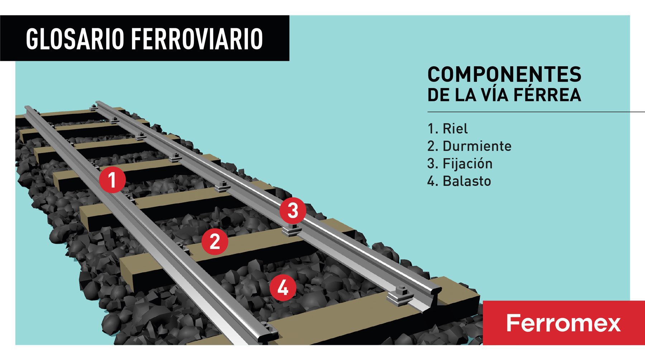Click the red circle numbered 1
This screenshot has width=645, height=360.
click(113, 180)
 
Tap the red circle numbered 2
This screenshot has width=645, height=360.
click(215, 242)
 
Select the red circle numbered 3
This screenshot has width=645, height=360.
click(293, 211)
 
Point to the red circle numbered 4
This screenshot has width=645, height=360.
click(283, 288)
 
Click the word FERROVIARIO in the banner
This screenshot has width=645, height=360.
click(197, 38)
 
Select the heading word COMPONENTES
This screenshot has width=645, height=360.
click(504, 75)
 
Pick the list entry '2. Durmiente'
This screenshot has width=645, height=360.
click(469, 146)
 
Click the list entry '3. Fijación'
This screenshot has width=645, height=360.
click(460, 164)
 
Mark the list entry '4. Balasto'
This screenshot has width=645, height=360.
click(459, 181)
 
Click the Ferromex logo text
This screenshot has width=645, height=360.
click(563, 323)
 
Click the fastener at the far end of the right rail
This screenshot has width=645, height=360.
click(94, 107)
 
